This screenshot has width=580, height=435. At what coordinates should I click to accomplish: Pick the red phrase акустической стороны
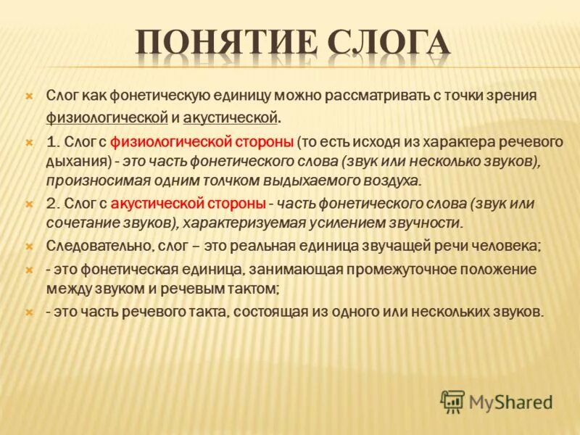[189, 204]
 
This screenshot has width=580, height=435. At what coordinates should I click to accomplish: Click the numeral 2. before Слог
[52, 204]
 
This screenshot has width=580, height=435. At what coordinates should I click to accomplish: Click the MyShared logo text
[510, 401]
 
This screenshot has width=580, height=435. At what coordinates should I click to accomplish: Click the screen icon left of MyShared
[452, 401]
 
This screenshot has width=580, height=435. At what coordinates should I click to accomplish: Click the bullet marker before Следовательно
[28, 246]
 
